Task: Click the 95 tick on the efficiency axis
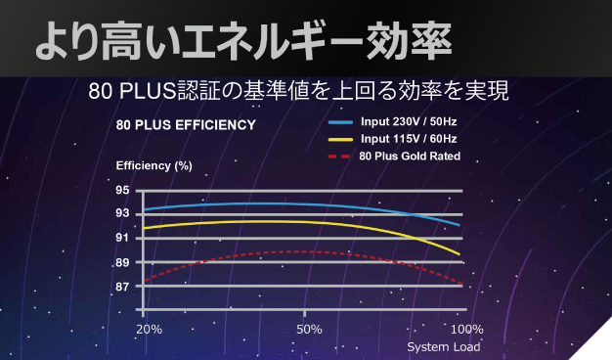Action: tap(122, 190)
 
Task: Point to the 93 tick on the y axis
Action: tap(122, 213)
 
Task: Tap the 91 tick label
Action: tap(122, 238)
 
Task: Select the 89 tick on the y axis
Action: tap(122, 262)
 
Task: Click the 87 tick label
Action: tap(122, 287)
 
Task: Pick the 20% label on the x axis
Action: tap(150, 328)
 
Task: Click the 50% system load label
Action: tap(309, 328)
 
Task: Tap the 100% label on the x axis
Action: tap(467, 328)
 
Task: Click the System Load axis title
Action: tap(443, 346)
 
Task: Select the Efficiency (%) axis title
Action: tap(153, 164)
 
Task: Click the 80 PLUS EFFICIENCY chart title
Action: tap(186, 125)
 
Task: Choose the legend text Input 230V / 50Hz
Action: tap(409, 123)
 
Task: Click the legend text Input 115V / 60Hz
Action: tap(409, 139)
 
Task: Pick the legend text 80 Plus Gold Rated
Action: tap(410, 156)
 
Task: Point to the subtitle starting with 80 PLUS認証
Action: tap(298, 92)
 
